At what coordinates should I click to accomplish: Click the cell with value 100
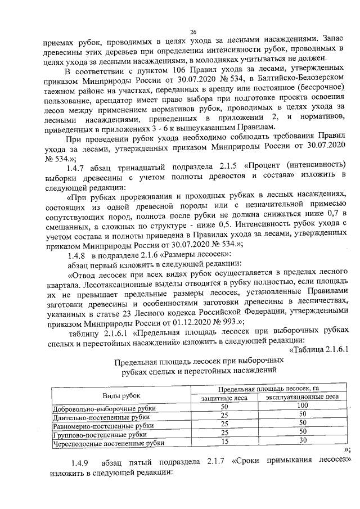click(303, 406)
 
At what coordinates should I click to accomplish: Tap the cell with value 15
click(224, 442)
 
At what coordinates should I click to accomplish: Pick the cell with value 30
click(303, 442)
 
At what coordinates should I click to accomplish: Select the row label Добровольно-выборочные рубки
click(103, 407)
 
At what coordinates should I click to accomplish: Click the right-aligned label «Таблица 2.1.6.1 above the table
click(319, 349)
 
